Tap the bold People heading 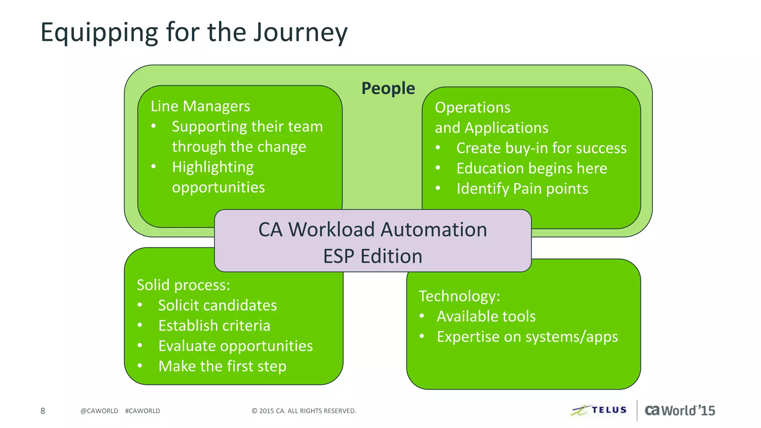[x=388, y=88]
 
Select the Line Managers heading [x=200, y=106]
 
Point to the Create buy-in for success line [x=541, y=148]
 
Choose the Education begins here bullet [x=531, y=168]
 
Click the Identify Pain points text [x=522, y=189]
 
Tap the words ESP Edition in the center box [x=373, y=256]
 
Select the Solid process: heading [x=184, y=285]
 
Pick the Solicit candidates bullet [x=217, y=305]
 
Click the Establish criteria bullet [x=214, y=326]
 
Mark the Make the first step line [x=222, y=366]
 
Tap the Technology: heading [x=459, y=296]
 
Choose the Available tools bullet [x=486, y=317]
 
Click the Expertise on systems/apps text [x=527, y=337]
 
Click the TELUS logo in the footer [x=599, y=410]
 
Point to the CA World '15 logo [x=680, y=411]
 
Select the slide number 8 [x=43, y=411]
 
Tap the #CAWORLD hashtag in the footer [x=142, y=411]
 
